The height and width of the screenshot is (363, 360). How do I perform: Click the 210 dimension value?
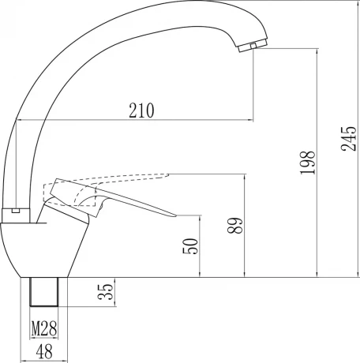tap(141, 110)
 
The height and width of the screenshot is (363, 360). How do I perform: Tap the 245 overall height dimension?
tap(349, 139)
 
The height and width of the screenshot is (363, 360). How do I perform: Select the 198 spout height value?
tap(308, 163)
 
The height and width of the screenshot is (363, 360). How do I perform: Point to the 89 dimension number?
tap(234, 226)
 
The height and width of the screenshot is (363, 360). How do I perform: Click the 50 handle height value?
tap(190, 246)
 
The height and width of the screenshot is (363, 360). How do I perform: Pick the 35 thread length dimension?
tap(105, 292)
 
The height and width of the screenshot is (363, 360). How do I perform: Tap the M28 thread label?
tap(44, 328)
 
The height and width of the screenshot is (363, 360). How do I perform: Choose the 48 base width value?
tap(44, 352)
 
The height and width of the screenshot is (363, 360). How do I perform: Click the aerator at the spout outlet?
tap(253, 46)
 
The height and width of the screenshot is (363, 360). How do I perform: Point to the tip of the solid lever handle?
tap(176, 215)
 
